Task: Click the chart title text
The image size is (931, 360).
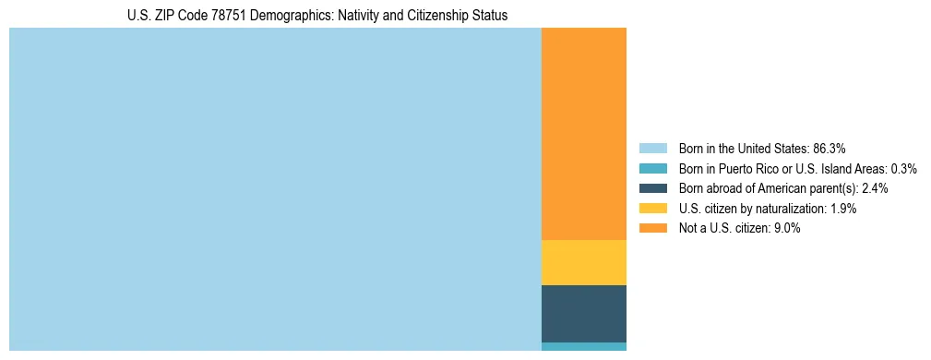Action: click(x=317, y=16)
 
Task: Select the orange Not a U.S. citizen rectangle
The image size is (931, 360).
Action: click(x=583, y=134)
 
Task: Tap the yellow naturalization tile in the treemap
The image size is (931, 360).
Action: click(x=583, y=262)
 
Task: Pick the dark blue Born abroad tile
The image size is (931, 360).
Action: click(x=583, y=314)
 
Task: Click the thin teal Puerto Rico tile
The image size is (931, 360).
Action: click(x=583, y=346)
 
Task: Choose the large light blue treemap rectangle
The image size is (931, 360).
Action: click(x=275, y=189)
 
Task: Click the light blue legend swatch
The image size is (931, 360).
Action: click(x=652, y=148)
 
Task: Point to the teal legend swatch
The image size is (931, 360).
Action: click(x=652, y=168)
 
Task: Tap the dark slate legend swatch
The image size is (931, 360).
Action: click(x=652, y=188)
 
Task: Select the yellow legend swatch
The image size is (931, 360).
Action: click(x=652, y=209)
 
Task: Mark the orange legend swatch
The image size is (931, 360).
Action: click(x=652, y=229)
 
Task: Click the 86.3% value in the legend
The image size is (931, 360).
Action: click(x=829, y=148)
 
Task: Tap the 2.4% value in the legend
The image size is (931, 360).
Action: click(x=875, y=188)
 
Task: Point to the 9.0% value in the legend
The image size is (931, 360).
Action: click(x=785, y=229)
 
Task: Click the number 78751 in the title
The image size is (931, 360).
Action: click(x=229, y=16)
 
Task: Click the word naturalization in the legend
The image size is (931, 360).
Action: click(x=791, y=209)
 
